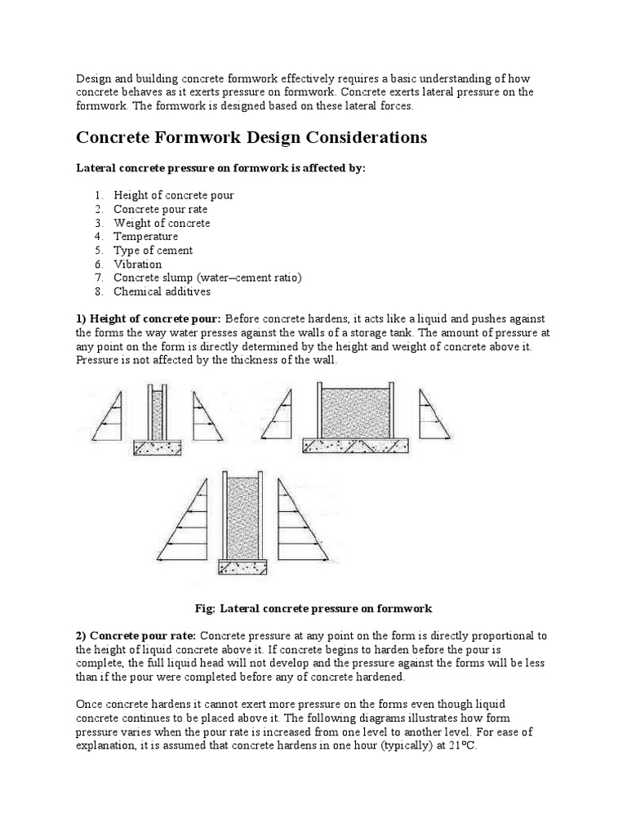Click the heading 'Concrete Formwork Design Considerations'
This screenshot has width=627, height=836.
coord(251,137)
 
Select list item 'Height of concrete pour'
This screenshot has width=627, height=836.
coord(173,195)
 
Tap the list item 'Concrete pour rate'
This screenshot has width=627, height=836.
coord(160,209)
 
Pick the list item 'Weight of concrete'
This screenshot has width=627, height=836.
coord(162,223)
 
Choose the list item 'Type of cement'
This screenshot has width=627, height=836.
coord(153,251)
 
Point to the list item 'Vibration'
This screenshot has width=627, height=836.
coord(137,265)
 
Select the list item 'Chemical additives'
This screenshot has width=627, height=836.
coord(162,291)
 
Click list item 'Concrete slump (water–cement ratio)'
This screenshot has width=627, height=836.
coord(207,278)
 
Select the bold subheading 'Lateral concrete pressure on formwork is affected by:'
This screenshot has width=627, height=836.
coord(221,167)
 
